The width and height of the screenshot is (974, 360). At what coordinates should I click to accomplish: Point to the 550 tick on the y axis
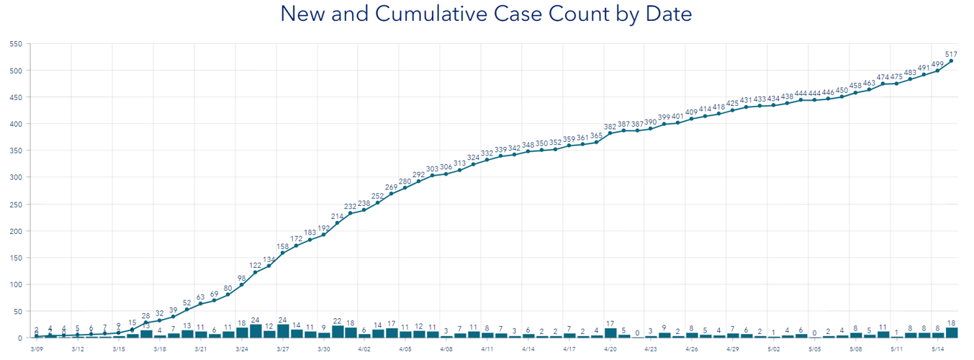[16, 43]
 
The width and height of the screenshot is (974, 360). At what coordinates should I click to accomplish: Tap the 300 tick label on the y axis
[16, 177]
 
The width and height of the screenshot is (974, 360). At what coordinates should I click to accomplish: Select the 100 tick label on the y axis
[16, 284]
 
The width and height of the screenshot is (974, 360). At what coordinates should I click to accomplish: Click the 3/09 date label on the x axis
[37, 348]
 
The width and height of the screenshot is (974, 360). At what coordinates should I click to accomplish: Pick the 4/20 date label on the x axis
[610, 348]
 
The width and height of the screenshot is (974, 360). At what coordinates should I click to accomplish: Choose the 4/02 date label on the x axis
[364, 348]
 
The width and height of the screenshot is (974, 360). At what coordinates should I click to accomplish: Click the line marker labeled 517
[951, 61]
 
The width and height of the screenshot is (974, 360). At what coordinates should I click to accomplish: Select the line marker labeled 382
[610, 133]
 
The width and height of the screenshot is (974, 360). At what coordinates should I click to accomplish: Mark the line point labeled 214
[337, 223]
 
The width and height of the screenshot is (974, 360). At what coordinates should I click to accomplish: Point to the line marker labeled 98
[241, 285]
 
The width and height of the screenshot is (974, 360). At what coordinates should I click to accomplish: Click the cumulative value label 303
[432, 168]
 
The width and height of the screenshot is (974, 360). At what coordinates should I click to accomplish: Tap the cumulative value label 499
[937, 64]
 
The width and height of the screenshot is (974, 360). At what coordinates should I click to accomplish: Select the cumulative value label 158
[282, 246]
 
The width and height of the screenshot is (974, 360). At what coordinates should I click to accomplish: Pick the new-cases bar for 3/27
[282, 331]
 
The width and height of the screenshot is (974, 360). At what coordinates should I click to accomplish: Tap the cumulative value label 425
[732, 103]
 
